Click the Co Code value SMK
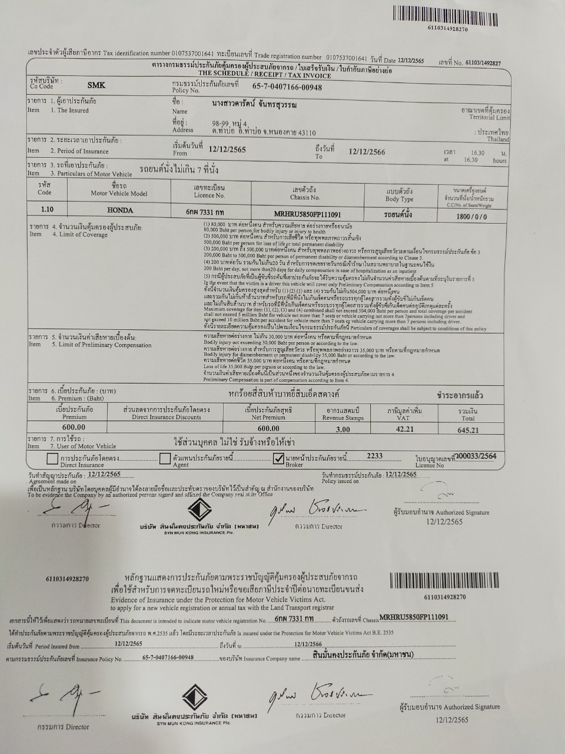[96, 85]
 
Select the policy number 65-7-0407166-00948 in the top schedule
[287, 87]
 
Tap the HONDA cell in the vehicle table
[120, 210]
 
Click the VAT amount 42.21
[404, 429]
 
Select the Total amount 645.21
[468, 430]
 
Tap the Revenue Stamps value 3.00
[343, 429]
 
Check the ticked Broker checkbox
[279, 459]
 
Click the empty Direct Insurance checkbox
[52, 459]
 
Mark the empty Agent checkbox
[165, 458]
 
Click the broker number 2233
[374, 455]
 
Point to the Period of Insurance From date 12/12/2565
[227, 150]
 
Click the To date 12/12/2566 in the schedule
[367, 151]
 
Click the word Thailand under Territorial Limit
[497, 140]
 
